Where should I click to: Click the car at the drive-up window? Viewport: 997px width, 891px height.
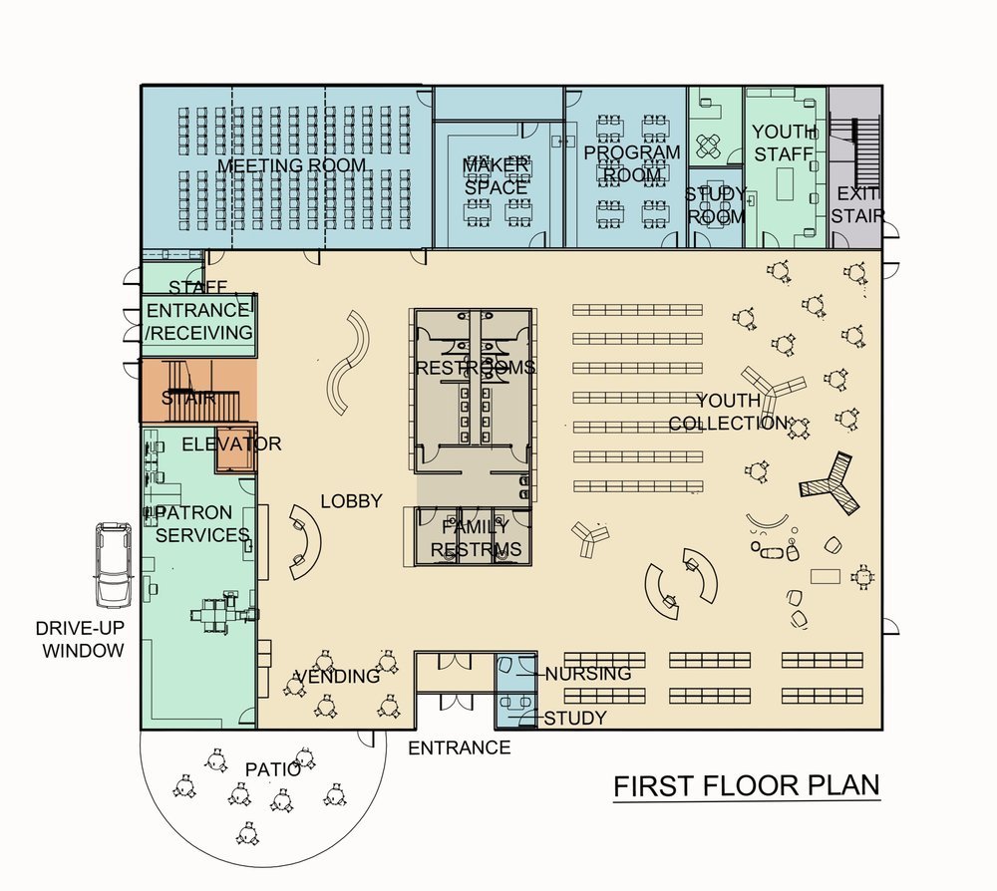(113, 564)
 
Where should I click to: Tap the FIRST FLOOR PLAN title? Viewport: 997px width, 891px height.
(746, 785)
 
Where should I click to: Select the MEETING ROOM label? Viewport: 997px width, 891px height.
(291, 164)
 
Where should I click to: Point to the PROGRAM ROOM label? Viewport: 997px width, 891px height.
(631, 163)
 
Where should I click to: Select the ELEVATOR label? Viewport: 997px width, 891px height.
(231, 444)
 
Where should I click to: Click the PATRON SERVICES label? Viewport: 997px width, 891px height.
(198, 523)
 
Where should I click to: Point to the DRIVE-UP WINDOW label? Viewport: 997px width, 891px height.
(80, 640)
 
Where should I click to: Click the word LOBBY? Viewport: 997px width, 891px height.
(351, 501)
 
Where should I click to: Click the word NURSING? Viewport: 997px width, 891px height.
(587, 674)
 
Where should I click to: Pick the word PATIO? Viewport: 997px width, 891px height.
(273, 768)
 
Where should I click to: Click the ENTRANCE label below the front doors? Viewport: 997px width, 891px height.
(460, 747)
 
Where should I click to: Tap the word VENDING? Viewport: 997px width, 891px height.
(338, 677)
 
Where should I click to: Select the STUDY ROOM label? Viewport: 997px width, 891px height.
(715, 204)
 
